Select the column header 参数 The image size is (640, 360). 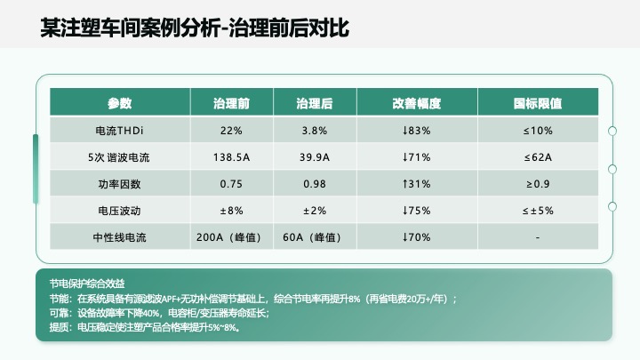pos(119,103)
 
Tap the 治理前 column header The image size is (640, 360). pos(231,103)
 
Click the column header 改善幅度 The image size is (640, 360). pos(416,103)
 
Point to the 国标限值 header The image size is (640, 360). pos(538,103)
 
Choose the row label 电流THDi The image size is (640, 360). pos(119,131)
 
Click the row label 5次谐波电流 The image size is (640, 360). pos(119,157)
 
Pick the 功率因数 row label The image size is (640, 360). pos(119,184)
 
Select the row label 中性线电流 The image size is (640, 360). pos(119,237)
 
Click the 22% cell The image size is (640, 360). pos(231,131)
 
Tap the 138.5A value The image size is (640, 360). pos(231,157)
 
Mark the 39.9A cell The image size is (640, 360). pos(315,157)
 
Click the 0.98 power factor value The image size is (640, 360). pos(315,184)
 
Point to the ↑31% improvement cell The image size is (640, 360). pos(416,184)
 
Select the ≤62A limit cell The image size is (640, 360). pos(538,157)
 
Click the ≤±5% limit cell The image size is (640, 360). pos(538,211)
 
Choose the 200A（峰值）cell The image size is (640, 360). pos(231,237)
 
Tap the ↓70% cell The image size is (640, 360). pos(416,237)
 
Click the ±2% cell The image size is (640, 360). pos(315,211)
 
